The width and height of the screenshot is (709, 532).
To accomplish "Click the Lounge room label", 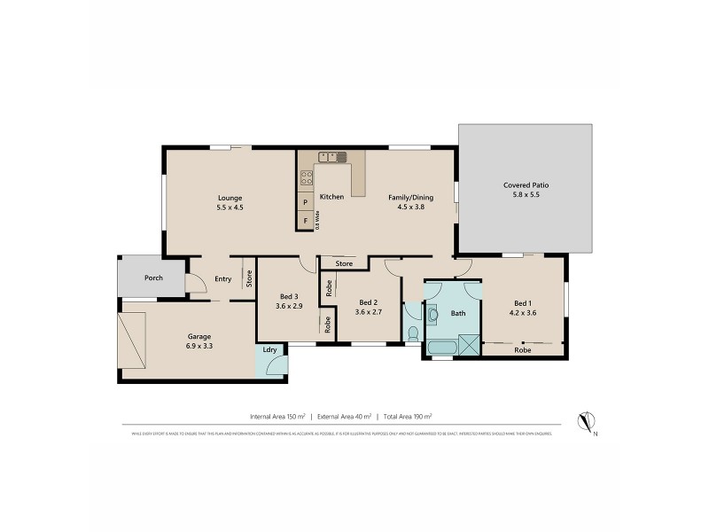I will click(230, 198).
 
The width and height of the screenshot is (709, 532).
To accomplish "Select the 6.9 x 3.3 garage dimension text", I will click(198, 348).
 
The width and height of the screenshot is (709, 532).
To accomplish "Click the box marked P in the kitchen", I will click(306, 203).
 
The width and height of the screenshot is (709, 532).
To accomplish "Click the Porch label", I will click(153, 278).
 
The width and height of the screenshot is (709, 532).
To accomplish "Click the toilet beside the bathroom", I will click(414, 332).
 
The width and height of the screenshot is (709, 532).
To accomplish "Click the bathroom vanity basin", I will click(433, 313).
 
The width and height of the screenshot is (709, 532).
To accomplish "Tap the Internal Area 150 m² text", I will click(278, 416).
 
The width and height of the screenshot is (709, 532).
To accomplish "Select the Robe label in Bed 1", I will click(524, 350).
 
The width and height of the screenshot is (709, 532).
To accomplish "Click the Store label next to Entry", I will click(249, 278).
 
